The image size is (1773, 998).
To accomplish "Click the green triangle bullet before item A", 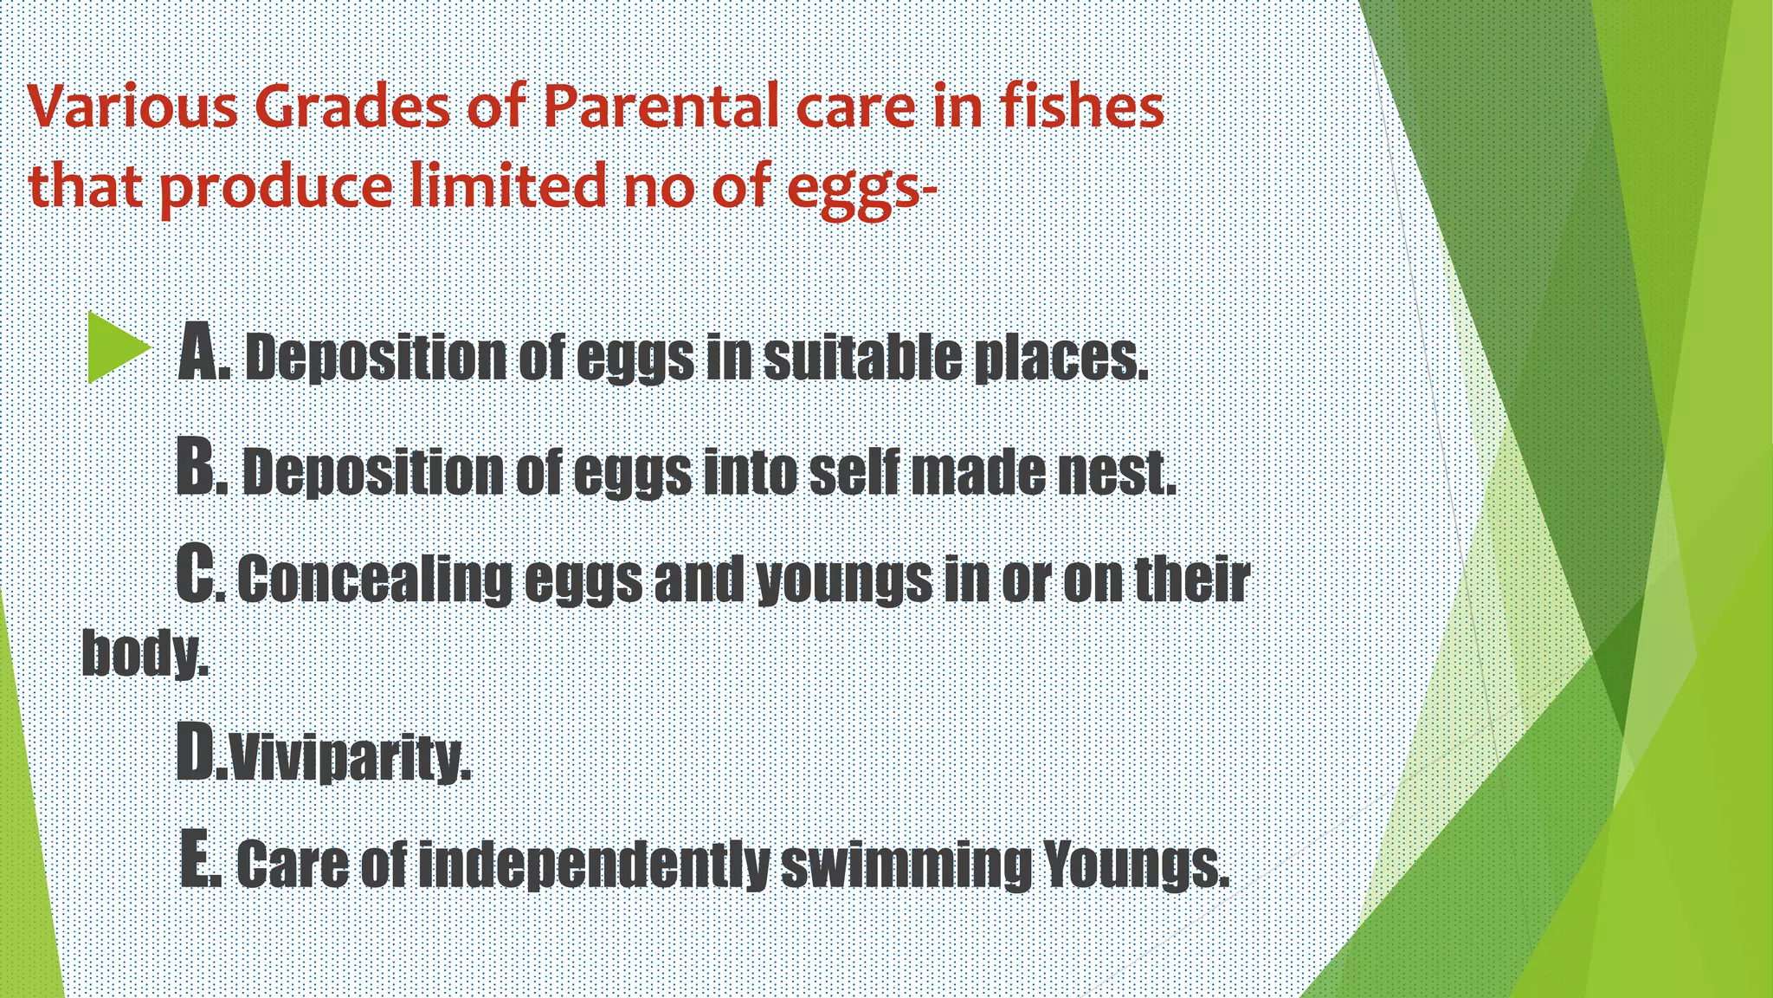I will [x=118, y=348].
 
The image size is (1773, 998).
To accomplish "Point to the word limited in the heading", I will [x=508, y=185].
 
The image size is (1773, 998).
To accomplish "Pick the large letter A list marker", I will [x=200, y=351].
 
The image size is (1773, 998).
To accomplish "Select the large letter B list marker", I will [x=197, y=467].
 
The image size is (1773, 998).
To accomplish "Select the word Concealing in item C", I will [x=375, y=580].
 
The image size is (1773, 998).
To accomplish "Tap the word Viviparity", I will [x=350, y=758].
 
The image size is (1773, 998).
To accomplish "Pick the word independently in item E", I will [x=594, y=865].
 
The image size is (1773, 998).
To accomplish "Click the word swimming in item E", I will [x=906, y=865].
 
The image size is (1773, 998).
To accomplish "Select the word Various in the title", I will [x=133, y=107].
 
